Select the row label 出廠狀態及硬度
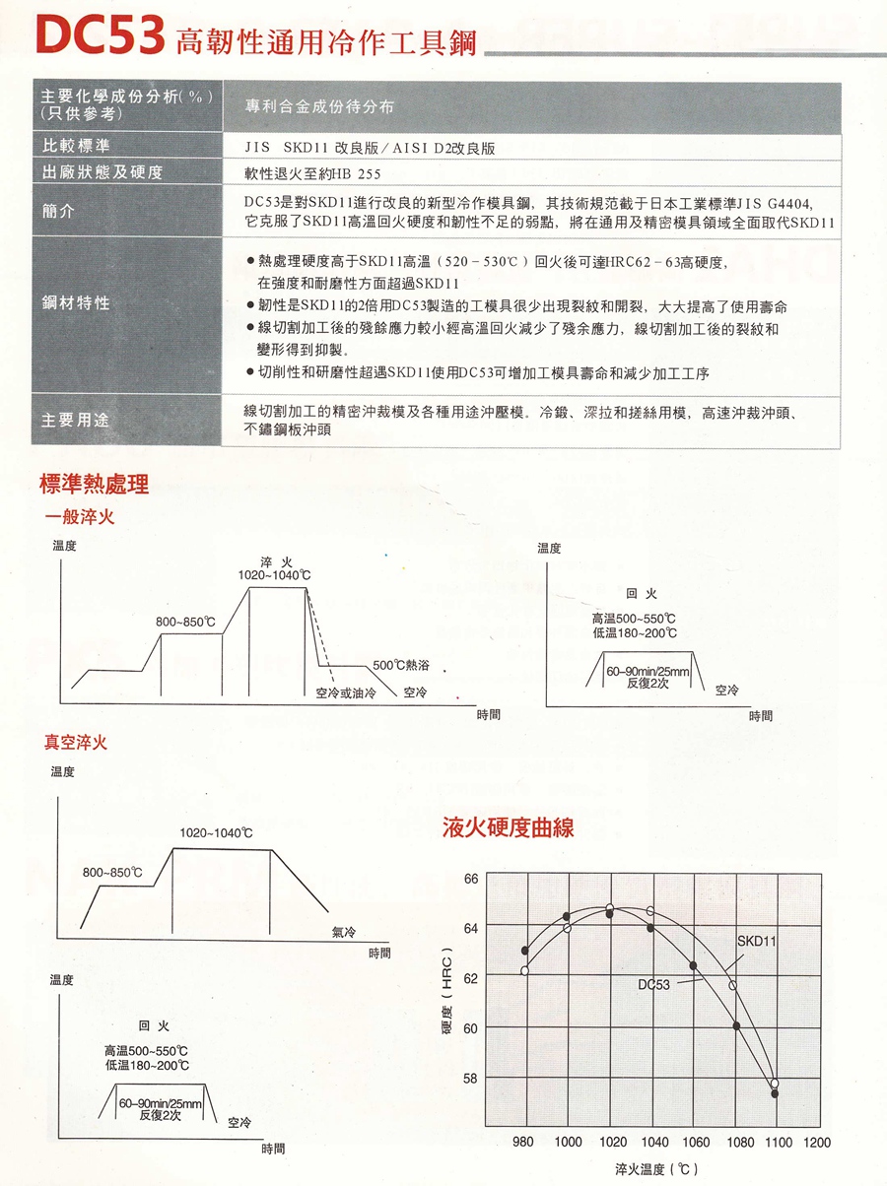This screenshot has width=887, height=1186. (x=102, y=172)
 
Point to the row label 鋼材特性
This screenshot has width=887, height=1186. (x=75, y=303)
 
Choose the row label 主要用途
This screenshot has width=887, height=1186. (x=75, y=421)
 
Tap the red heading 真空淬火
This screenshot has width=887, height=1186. (x=75, y=743)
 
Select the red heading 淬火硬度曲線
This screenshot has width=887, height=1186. (x=508, y=827)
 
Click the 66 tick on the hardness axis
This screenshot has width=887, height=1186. (x=470, y=878)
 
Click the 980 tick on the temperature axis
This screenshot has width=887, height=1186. (x=523, y=1143)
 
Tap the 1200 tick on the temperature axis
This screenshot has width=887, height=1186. (x=817, y=1143)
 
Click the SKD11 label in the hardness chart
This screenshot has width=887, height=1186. (x=757, y=942)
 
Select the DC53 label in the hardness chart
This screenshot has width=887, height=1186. (x=653, y=983)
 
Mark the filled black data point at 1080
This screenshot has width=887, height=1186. (x=736, y=1026)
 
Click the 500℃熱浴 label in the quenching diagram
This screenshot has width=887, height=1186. (x=401, y=666)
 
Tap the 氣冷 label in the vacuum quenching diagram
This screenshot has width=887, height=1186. (x=343, y=932)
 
